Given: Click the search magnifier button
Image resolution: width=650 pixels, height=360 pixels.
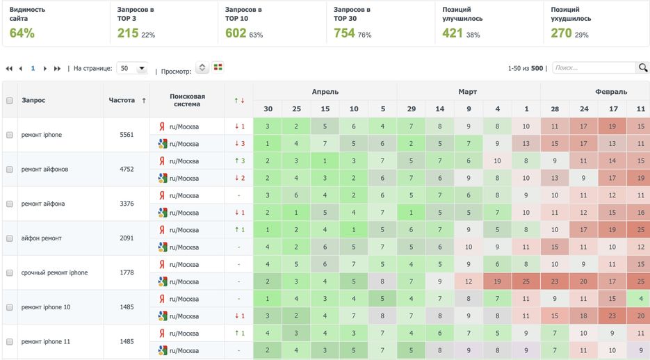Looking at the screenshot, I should tap(642, 68).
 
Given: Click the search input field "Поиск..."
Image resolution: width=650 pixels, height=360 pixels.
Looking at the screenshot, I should tap(594, 68).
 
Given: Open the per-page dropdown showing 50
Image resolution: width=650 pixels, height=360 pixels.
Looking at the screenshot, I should tap(132, 69).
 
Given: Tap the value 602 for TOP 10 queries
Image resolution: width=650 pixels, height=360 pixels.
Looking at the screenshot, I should tap(235, 33).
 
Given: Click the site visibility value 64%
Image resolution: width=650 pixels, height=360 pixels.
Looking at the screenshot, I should tap(22, 33).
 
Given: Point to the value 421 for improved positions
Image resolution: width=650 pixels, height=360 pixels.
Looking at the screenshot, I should tap(452, 33).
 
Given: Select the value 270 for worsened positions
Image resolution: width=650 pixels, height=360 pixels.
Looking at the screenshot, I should tap(561, 33).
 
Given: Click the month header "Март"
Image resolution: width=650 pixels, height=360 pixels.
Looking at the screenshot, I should tap(468, 91).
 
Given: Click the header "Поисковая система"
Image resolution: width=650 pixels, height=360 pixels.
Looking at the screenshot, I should tap(187, 100).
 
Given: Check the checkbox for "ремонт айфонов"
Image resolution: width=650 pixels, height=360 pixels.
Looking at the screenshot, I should tap(10, 170).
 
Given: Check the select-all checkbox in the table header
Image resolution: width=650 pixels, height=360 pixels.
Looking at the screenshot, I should tap(10, 100).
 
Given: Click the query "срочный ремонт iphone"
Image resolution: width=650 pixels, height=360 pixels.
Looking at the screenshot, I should tap(54, 272).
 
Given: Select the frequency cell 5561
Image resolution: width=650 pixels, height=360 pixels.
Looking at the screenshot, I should tap(127, 135).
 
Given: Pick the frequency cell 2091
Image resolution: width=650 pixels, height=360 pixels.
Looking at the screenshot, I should tap(127, 238).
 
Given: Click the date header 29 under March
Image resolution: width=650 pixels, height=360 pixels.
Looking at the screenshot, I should tap(411, 109).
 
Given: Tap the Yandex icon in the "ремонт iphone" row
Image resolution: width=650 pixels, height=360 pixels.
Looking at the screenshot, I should tap(162, 126).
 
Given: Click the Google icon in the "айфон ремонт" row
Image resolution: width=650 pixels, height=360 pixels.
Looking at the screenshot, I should tap(162, 247).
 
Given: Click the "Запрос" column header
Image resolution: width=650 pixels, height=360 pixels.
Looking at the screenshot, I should tap(33, 100).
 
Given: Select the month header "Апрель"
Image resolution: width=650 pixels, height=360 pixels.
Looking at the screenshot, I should tap(325, 91).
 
